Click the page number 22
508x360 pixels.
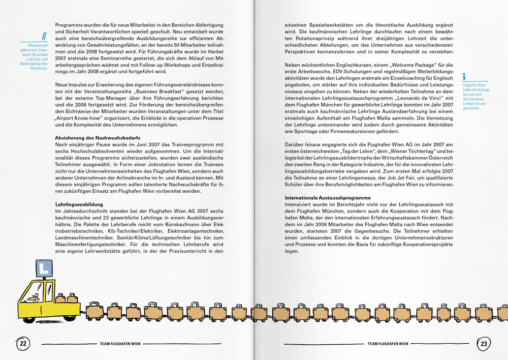pyautogui.click(x=22, y=344)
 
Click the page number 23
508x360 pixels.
pyautogui.click(x=484, y=344)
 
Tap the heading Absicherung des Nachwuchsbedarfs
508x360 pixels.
pyautogui.click(x=98, y=138)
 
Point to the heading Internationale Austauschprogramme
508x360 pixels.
pyautogui.click(x=328, y=197)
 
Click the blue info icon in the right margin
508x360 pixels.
pyautogui.click(x=464, y=77)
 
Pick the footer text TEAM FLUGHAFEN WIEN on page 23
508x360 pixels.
pyautogui.click(x=388, y=344)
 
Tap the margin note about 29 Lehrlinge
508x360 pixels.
pyautogui.click(x=474, y=97)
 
